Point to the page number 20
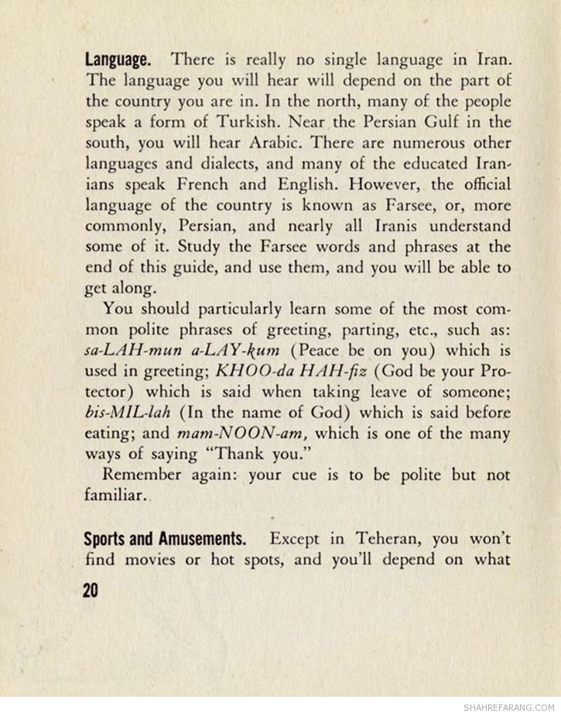click(88, 591)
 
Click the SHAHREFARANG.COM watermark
click(509, 708)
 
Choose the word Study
click(165, 249)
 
